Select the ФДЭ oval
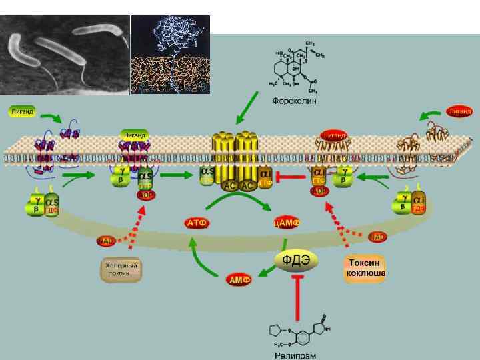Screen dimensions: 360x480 [295, 259]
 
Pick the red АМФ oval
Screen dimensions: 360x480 [239, 279]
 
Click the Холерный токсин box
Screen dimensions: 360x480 [122, 269]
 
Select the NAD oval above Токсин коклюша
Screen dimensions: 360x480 [378, 237]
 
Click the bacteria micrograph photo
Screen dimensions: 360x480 [65, 55]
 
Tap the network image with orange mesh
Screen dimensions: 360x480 [171, 55]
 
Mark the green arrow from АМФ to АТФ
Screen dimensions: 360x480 [197, 257]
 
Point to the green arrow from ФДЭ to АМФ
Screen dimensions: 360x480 [267, 269]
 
